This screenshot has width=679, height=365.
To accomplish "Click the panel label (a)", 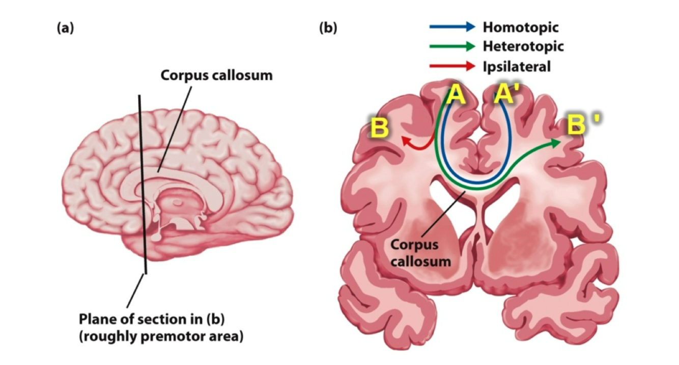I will [65, 29].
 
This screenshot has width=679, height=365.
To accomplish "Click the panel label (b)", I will [328, 29].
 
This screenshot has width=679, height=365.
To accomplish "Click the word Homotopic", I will [520, 27].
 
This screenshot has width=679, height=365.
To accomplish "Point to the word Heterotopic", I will [523, 46].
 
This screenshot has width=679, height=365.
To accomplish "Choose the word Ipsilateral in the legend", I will [517, 66].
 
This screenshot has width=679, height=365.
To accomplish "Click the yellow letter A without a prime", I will [456, 95].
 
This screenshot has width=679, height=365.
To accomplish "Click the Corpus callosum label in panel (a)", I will [216, 75].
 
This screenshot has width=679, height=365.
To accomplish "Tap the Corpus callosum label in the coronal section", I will [421, 253].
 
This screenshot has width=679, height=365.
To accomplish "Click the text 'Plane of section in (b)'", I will [152, 320].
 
